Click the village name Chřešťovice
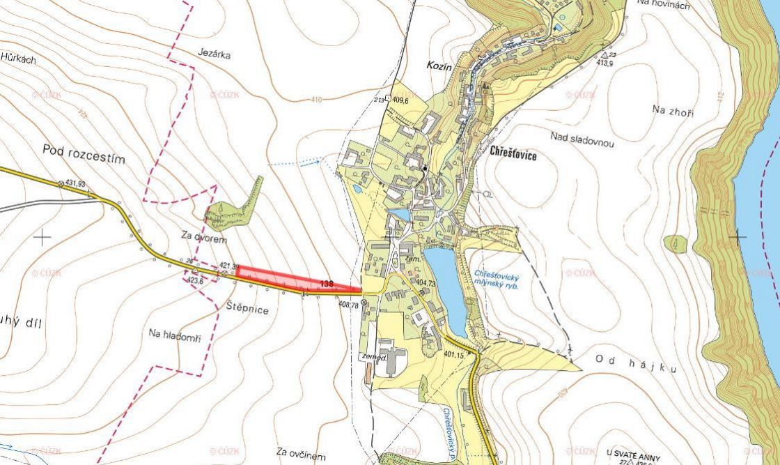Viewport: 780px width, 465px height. [x=513, y=155]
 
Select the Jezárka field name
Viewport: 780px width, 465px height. [x=213, y=54]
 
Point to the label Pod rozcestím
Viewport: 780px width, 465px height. [x=84, y=153]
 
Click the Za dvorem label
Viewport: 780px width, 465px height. [x=205, y=238]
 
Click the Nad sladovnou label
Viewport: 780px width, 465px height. [x=582, y=139]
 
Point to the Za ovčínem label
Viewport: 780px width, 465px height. [x=300, y=454]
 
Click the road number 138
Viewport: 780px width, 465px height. [x=327, y=283]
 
